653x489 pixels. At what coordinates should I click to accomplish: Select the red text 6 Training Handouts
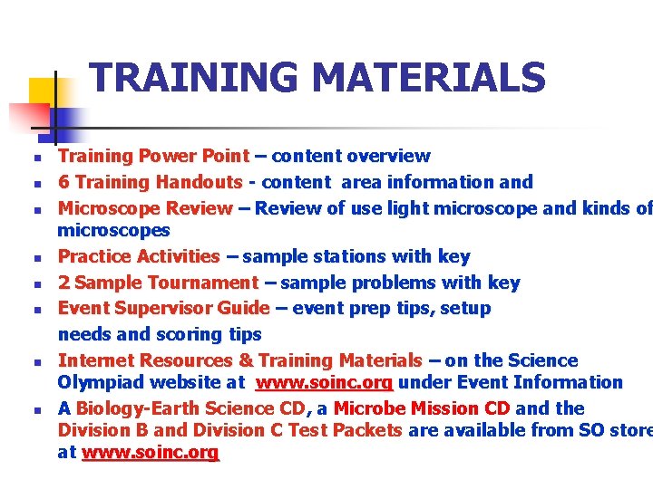point(150,182)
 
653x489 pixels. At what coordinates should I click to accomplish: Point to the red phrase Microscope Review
point(145,208)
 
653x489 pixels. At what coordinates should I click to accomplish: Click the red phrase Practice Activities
point(139,257)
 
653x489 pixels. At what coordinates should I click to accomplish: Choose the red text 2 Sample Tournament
point(159,283)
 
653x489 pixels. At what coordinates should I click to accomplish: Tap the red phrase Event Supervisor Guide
point(163,308)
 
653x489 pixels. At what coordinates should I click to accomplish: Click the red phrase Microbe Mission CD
point(422,408)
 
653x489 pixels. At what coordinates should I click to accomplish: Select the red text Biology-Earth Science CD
point(195,408)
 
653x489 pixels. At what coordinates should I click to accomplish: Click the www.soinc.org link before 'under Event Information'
point(324,383)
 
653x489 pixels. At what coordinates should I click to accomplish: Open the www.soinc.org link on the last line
point(151,452)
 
